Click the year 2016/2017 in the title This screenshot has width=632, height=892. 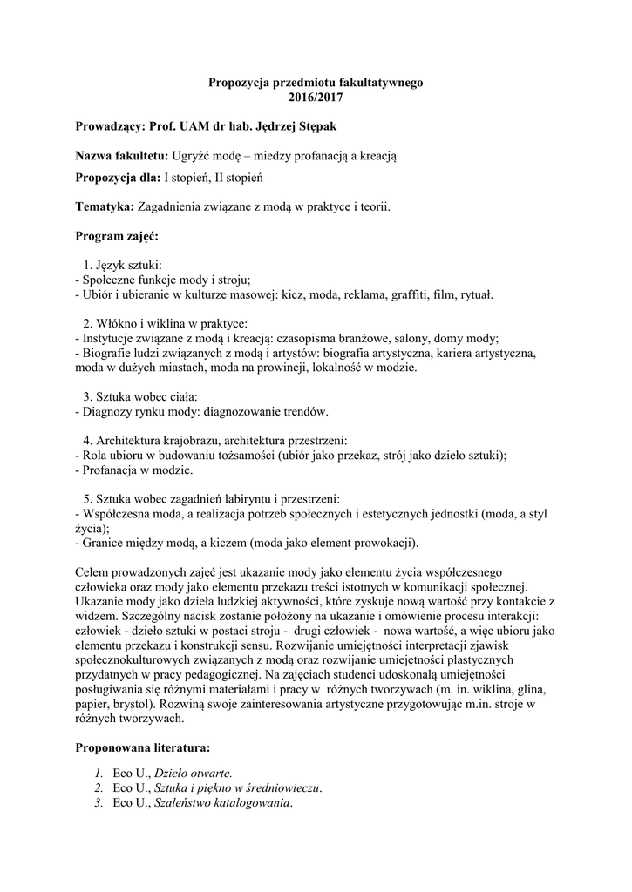coord(316,98)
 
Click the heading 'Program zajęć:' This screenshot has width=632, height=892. coord(117,235)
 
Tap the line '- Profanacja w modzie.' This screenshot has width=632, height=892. coord(134,470)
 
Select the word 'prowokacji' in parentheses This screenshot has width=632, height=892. coord(385,543)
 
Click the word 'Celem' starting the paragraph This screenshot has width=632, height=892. coord(94,572)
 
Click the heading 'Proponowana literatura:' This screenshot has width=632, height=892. coord(142,748)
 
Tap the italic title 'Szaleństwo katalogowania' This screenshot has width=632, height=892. coord(221,802)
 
